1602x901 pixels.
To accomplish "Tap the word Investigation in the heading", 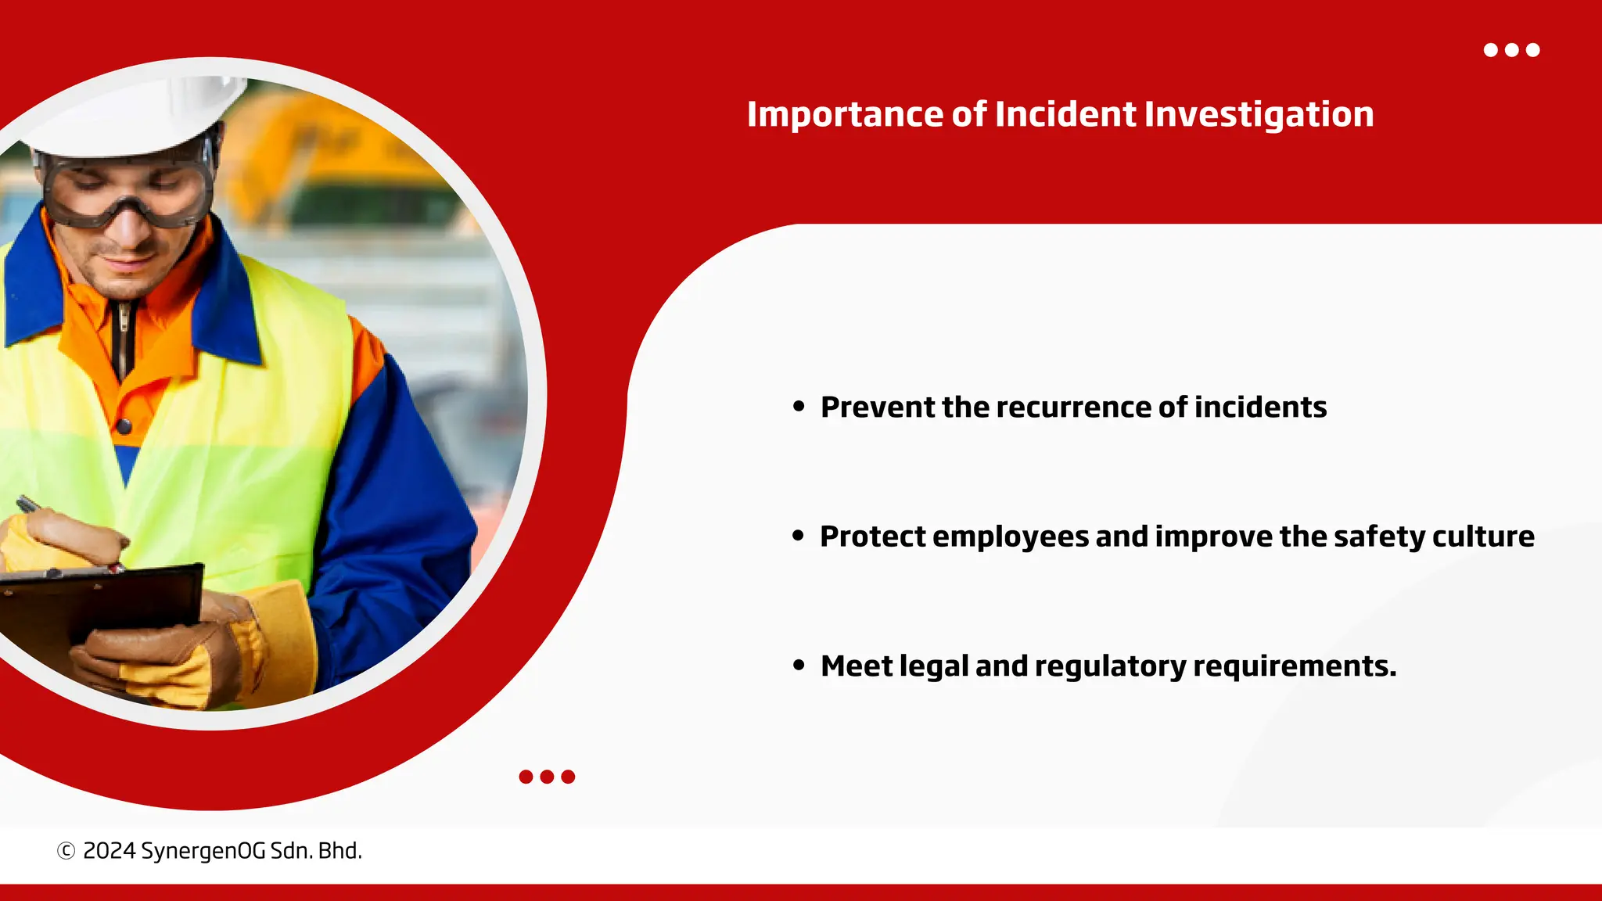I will click(1259, 115).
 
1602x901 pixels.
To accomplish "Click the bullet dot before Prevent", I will click(798, 406).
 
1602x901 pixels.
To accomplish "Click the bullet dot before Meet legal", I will click(798, 666).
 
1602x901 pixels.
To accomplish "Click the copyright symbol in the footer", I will click(66, 851).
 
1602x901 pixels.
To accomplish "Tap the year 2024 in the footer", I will click(109, 851).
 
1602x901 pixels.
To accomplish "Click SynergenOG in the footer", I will click(203, 851).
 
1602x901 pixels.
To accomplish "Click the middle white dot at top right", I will click(1512, 50).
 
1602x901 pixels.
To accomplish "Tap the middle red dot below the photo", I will click(547, 777).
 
